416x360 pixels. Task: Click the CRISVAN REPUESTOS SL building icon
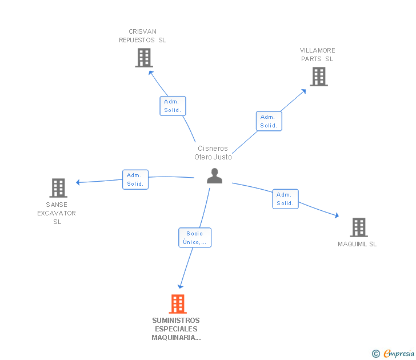pyautogui.click(x=143, y=58)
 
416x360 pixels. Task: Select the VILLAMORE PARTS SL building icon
pyautogui.click(x=318, y=77)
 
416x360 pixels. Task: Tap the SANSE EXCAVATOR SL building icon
pyautogui.click(x=58, y=188)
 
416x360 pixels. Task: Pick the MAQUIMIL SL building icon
pyautogui.click(x=358, y=227)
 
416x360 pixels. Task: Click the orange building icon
pyautogui.click(x=178, y=304)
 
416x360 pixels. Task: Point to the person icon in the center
pyautogui.click(x=214, y=176)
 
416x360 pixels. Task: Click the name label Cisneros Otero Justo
pyautogui.click(x=213, y=153)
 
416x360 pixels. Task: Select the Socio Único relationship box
pyautogui.click(x=195, y=238)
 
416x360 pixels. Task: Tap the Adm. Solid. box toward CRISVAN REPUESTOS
pyautogui.click(x=173, y=106)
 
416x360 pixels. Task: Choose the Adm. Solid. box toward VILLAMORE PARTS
pyautogui.click(x=269, y=121)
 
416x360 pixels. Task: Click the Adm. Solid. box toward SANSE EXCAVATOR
pyautogui.click(x=135, y=179)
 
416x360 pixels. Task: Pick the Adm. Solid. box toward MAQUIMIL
pyautogui.click(x=285, y=199)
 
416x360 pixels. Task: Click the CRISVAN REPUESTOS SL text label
pyautogui.click(x=142, y=36)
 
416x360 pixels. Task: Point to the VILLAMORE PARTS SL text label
pyautogui.click(x=318, y=55)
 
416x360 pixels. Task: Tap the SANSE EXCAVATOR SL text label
pyautogui.click(x=57, y=213)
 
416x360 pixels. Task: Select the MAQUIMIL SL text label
pyautogui.click(x=357, y=245)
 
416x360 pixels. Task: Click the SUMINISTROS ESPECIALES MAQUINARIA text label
pyautogui.click(x=176, y=329)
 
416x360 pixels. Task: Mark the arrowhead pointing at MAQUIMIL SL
pyautogui.click(x=337, y=215)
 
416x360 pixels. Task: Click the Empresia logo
pyautogui.click(x=399, y=354)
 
